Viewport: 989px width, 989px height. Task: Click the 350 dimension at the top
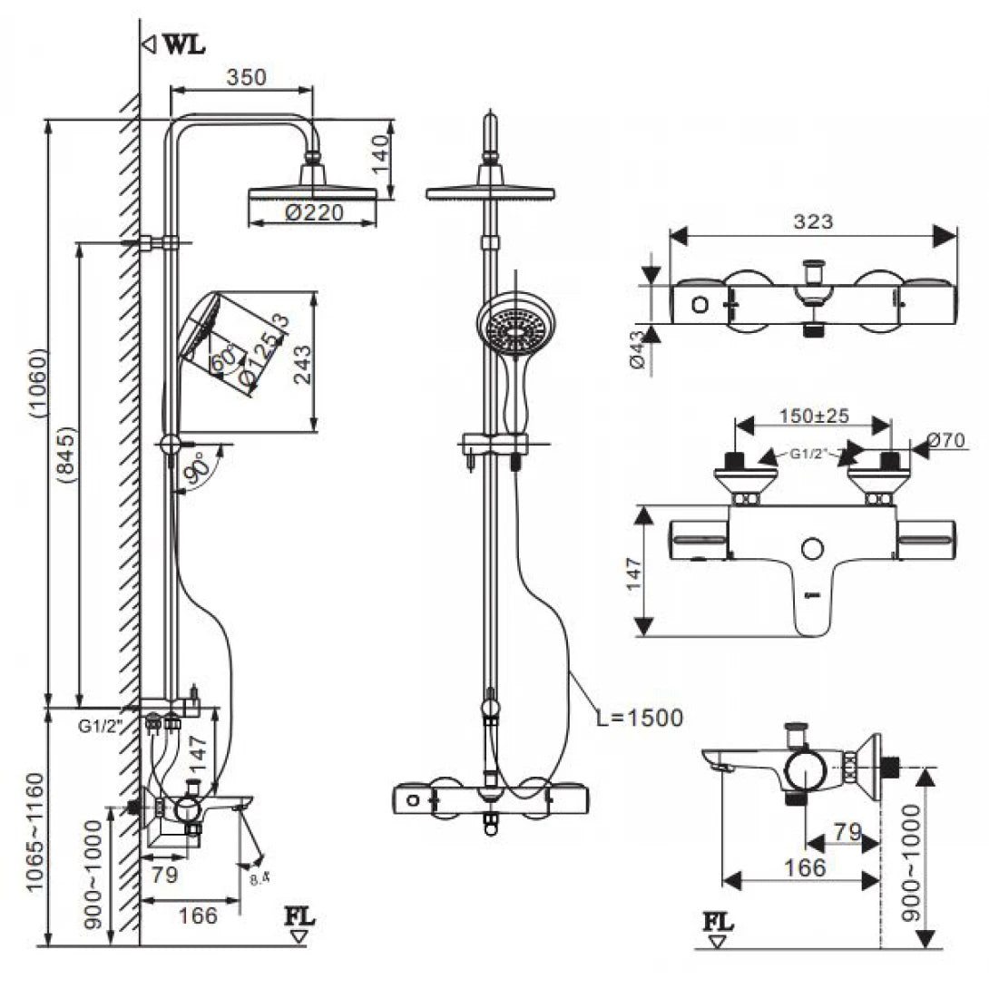click(246, 77)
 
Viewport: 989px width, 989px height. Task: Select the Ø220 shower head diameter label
click(311, 213)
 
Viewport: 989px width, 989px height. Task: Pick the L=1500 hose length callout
click(640, 718)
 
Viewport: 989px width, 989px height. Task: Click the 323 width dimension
click(813, 220)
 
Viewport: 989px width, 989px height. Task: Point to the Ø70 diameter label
click(949, 442)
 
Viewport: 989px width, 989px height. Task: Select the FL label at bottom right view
click(719, 923)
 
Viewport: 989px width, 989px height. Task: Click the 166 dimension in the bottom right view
click(805, 867)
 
